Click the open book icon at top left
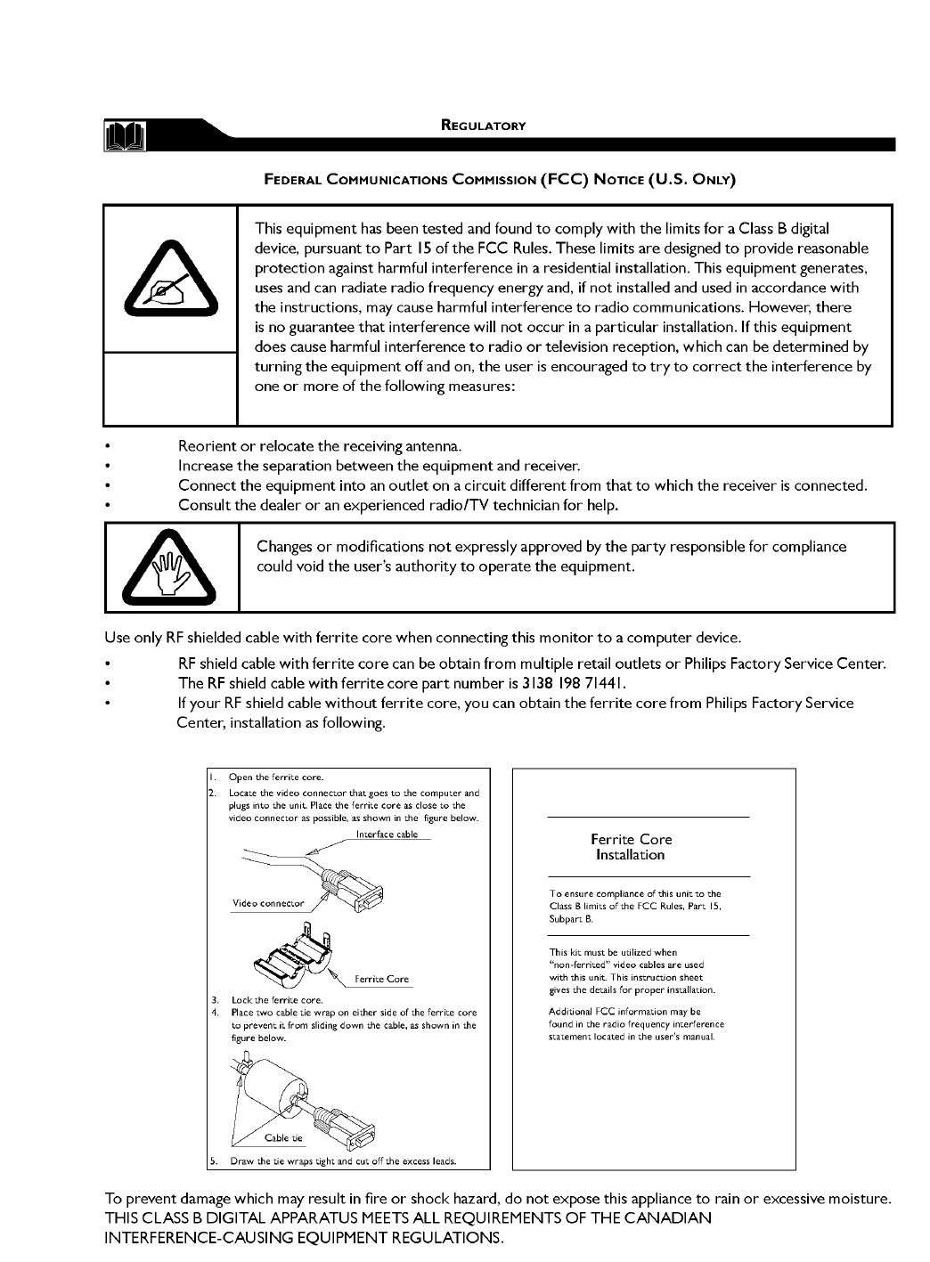tap(126, 137)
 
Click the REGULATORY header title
tap(484, 126)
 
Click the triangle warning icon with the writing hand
tap(169, 277)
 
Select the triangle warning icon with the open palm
tap(169, 567)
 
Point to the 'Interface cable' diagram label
tap(387, 835)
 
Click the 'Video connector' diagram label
tap(268, 903)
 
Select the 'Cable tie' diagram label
tap(284, 1138)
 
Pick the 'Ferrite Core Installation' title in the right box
tap(631, 847)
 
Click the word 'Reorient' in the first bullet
tap(206, 445)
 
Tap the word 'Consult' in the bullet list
tap(204, 505)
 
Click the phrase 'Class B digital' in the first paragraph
tap(785, 229)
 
